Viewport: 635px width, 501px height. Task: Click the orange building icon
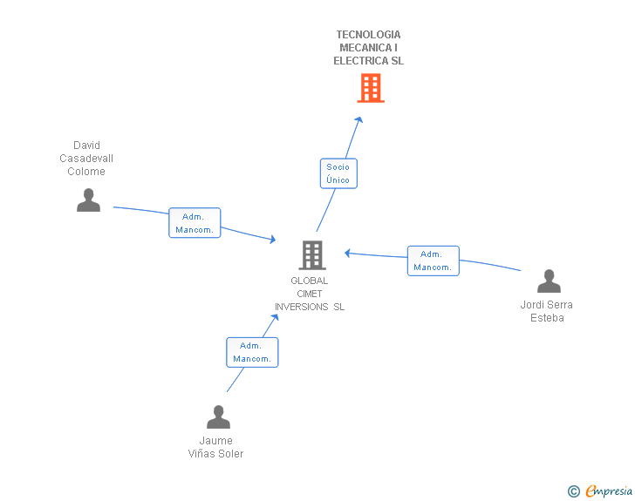click(x=371, y=88)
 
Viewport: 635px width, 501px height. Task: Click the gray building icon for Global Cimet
click(x=312, y=255)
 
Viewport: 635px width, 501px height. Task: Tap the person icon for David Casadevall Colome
click(x=88, y=200)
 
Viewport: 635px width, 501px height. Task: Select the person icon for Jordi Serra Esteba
click(x=549, y=281)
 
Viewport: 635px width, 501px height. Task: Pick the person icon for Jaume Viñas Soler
click(x=218, y=416)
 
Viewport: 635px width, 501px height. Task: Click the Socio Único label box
click(x=338, y=173)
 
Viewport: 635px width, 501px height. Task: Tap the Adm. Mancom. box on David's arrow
click(x=195, y=222)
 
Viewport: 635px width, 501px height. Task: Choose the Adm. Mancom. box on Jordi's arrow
click(x=434, y=261)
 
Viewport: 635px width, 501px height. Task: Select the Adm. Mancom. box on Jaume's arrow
click(x=252, y=352)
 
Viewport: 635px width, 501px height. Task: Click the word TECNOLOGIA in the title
click(x=368, y=34)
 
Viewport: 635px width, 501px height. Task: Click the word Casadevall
click(x=86, y=159)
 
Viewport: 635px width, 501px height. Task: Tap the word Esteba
click(x=547, y=318)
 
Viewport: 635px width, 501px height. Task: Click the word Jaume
click(x=215, y=441)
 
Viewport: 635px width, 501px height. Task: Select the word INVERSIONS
click(x=301, y=307)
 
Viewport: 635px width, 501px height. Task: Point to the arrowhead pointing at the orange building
click(x=358, y=119)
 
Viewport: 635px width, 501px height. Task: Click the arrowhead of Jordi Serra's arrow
click(x=347, y=254)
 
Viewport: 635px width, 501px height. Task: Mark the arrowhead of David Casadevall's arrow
click(x=272, y=239)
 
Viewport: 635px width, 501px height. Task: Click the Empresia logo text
click(x=609, y=491)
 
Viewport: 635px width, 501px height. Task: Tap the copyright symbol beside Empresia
click(x=574, y=491)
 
